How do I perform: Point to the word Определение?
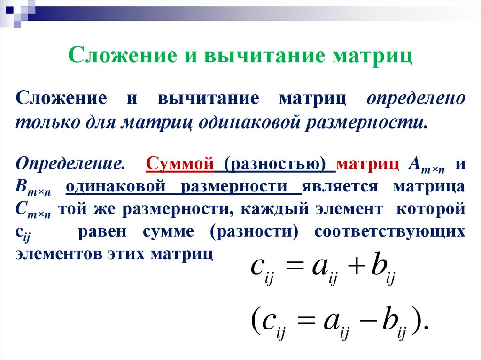70,164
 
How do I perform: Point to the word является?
340,186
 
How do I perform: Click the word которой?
431,209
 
